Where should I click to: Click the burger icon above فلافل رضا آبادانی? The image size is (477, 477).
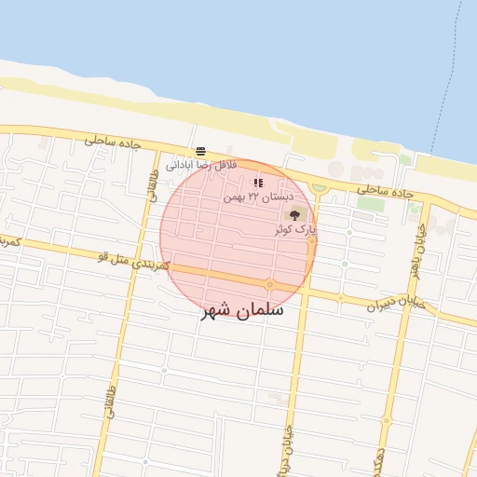(x=200, y=150)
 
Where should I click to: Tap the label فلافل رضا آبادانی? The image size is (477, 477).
(x=201, y=165)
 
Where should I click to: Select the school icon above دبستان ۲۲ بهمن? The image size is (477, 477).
(x=258, y=184)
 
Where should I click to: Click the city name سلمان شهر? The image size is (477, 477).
(x=242, y=311)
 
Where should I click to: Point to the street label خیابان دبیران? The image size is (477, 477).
(x=395, y=304)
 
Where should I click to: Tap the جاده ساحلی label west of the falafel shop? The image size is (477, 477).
(x=112, y=141)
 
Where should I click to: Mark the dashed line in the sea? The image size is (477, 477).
(x=447, y=75)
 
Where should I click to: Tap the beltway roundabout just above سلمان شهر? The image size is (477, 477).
(x=269, y=284)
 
